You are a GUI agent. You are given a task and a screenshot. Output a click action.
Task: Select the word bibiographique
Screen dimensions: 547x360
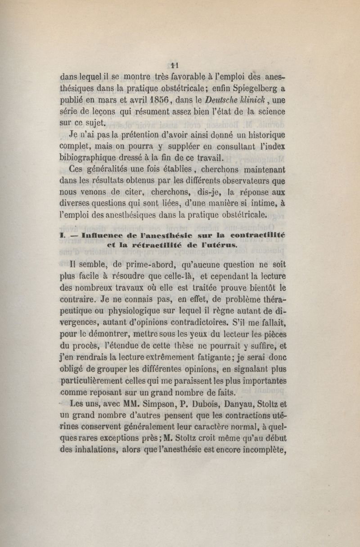point(95,158)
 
